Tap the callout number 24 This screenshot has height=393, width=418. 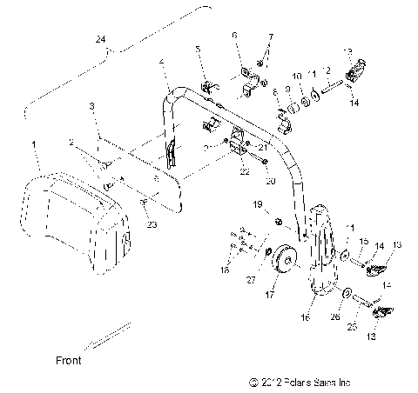[x=101, y=40]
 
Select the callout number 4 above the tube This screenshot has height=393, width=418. [x=161, y=62]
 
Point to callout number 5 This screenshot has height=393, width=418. [x=198, y=50]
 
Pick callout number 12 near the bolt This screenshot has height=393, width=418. [x=328, y=70]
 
